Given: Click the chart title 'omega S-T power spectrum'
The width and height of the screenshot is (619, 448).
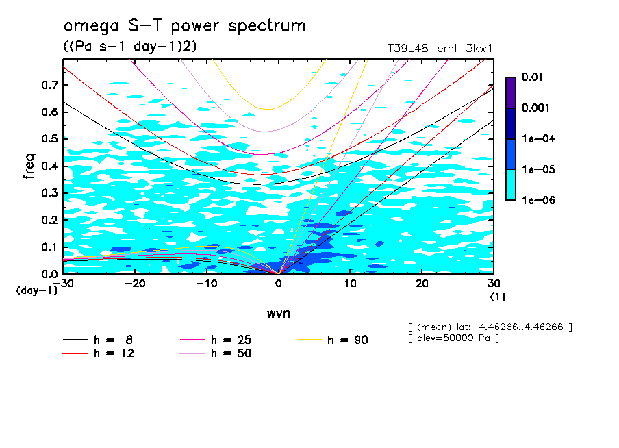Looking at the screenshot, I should (x=184, y=27).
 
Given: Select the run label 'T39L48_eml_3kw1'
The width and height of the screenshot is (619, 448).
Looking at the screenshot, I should (x=440, y=49).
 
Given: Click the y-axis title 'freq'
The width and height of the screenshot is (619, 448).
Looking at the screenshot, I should (x=29, y=166).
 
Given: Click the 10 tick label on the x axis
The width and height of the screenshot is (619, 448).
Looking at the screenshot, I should (x=350, y=284).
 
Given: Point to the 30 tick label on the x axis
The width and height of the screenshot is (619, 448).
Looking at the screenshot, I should (x=494, y=284).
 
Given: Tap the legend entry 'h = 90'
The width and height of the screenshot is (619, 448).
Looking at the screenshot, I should (x=348, y=340).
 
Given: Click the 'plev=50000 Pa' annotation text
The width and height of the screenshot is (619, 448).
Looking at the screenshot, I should (x=453, y=338).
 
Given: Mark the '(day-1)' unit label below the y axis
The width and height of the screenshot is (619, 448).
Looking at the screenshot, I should (x=37, y=290).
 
